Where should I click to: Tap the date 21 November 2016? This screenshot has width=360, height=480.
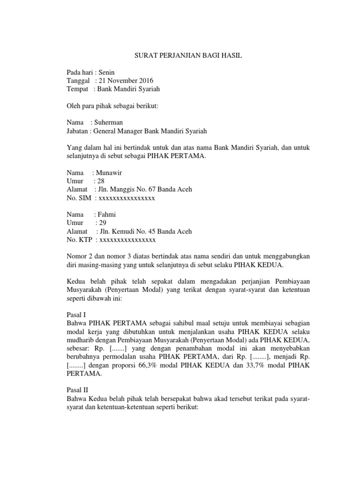click(x=126, y=81)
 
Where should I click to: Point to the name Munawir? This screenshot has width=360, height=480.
click(x=109, y=172)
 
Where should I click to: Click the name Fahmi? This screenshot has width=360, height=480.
click(x=105, y=215)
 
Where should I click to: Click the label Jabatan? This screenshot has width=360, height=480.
click(x=78, y=131)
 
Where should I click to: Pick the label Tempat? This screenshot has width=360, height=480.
click(x=77, y=89)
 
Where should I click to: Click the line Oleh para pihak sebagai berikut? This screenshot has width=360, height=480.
click(x=112, y=106)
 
